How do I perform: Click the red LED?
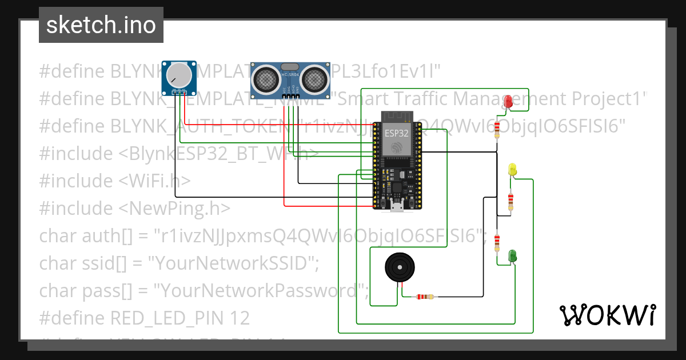508,102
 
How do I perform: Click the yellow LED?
512,169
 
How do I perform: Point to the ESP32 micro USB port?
396,206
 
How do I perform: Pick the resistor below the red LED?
497,128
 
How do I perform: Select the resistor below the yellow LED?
510,201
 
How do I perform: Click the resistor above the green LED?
497,240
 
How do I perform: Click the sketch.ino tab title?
101,25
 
